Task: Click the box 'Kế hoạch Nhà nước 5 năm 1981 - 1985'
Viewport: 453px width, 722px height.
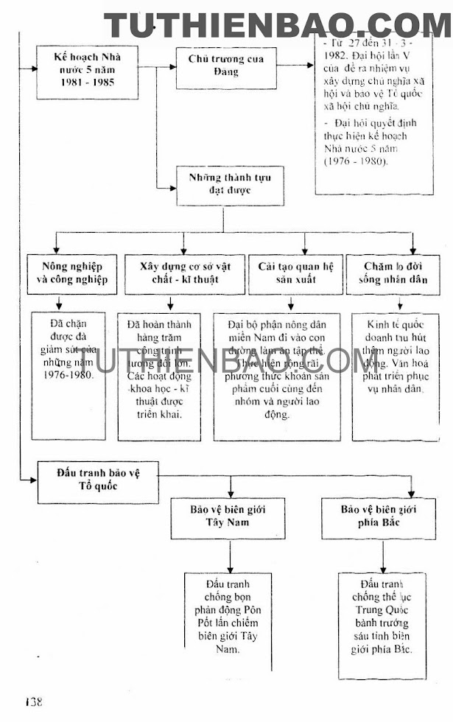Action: pyautogui.click(x=88, y=71)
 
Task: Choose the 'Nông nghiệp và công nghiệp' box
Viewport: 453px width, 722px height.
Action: pyautogui.click(x=72, y=273)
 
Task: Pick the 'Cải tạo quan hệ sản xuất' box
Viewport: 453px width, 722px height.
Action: pyautogui.click(x=295, y=273)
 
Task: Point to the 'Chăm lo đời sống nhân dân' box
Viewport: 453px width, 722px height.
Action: pyautogui.click(x=401, y=273)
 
